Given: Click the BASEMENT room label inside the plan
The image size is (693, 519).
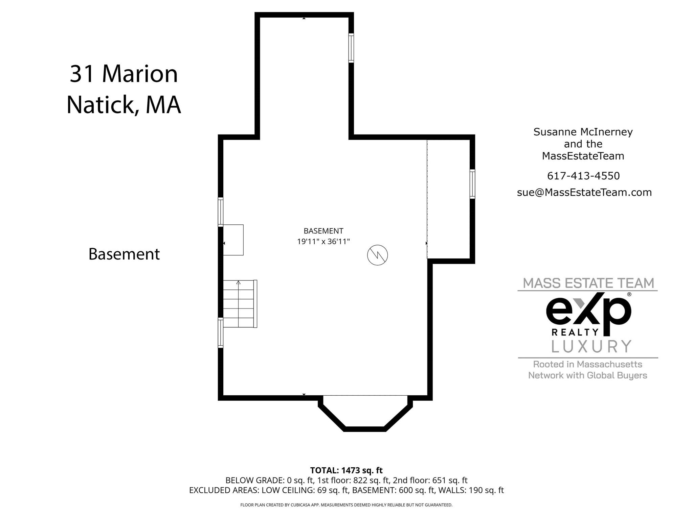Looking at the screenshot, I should tap(323, 231).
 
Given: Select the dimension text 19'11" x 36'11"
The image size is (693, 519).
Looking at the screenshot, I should tap(323, 242).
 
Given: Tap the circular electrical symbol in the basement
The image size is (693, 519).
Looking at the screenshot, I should tap(377, 255).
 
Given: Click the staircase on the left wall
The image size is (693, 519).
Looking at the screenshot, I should tap(239, 304).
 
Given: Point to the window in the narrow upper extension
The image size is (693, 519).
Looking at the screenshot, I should tap(351, 48).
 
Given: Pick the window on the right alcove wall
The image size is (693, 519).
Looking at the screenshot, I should tap(472, 184).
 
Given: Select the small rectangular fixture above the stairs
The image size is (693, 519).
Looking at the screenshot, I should tap(233, 240).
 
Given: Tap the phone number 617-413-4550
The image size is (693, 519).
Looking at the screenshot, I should tap(583, 176).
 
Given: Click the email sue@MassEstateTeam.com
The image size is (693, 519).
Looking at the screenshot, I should tap(584, 192).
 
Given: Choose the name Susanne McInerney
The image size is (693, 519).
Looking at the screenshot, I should tap(583, 132).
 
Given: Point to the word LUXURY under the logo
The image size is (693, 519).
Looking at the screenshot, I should tap(591, 347).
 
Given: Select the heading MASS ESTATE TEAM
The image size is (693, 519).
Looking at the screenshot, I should tap(588, 283).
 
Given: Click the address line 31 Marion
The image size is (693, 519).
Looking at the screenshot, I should tap(124, 74).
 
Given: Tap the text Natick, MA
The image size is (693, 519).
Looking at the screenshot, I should tap(124, 105).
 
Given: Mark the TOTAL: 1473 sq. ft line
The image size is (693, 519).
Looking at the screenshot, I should tap(346, 470).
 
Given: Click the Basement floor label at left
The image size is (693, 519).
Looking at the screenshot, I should tap(124, 254).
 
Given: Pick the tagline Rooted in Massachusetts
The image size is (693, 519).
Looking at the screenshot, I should tap(587, 364).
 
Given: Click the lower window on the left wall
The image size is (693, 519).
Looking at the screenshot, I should tap(221, 333).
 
